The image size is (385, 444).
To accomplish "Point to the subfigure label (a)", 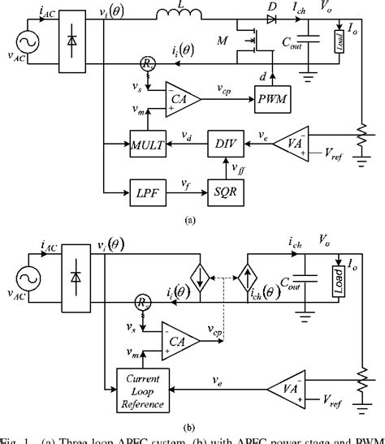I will tap(190, 219).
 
